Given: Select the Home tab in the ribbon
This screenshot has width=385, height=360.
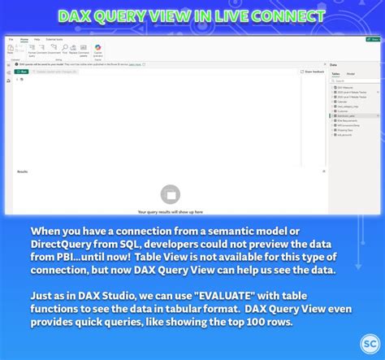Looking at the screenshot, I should point(24,38).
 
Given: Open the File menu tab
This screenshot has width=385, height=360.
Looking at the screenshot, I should point(11,38).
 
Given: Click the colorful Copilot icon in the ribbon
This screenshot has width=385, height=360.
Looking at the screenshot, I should point(97,49).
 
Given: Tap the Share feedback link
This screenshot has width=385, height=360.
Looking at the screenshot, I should point(313,72).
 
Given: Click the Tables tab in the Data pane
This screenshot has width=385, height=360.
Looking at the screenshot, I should point(336,74).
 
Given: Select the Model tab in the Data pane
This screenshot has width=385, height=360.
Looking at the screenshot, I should point(351,74).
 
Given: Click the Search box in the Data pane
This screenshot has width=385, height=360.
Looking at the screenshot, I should point(356,80).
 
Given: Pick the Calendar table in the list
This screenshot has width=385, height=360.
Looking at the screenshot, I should point(344,101).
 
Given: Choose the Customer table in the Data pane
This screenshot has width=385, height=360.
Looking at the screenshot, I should point(346,111).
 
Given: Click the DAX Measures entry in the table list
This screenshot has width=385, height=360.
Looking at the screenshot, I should point(347,87).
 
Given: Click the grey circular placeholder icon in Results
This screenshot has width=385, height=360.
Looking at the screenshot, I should point(170,193).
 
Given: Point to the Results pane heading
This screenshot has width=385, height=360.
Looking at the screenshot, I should point(22,171).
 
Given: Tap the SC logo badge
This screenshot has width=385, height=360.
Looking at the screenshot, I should point(370,344).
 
